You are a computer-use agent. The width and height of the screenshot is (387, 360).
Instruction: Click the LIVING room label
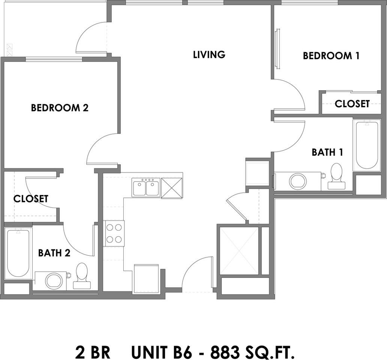(209, 55)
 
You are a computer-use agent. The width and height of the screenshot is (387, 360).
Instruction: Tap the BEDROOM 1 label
(331, 56)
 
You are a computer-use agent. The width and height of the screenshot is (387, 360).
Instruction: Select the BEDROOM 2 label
(60, 108)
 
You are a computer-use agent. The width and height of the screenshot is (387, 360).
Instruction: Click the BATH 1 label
(327, 152)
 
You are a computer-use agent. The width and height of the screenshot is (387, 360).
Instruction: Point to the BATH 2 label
(54, 253)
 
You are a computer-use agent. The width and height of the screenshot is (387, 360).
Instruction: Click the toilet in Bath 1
(336, 176)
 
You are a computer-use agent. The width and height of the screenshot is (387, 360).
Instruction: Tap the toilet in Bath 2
(82, 276)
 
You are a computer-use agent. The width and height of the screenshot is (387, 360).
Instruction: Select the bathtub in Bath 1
(367, 145)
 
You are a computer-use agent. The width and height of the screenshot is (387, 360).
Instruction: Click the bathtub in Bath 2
(18, 253)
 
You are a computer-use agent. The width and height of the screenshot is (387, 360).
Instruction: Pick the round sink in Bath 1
(298, 181)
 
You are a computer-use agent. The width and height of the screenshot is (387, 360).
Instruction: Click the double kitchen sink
(146, 187)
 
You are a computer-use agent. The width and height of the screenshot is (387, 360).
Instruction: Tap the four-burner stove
(114, 233)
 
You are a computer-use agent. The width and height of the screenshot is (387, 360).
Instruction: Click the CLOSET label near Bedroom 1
(352, 103)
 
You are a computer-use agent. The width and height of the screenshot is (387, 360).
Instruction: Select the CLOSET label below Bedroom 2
(31, 198)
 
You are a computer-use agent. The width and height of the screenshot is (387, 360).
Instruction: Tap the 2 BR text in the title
(93, 352)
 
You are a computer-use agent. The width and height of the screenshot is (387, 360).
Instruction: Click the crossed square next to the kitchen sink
(172, 188)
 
